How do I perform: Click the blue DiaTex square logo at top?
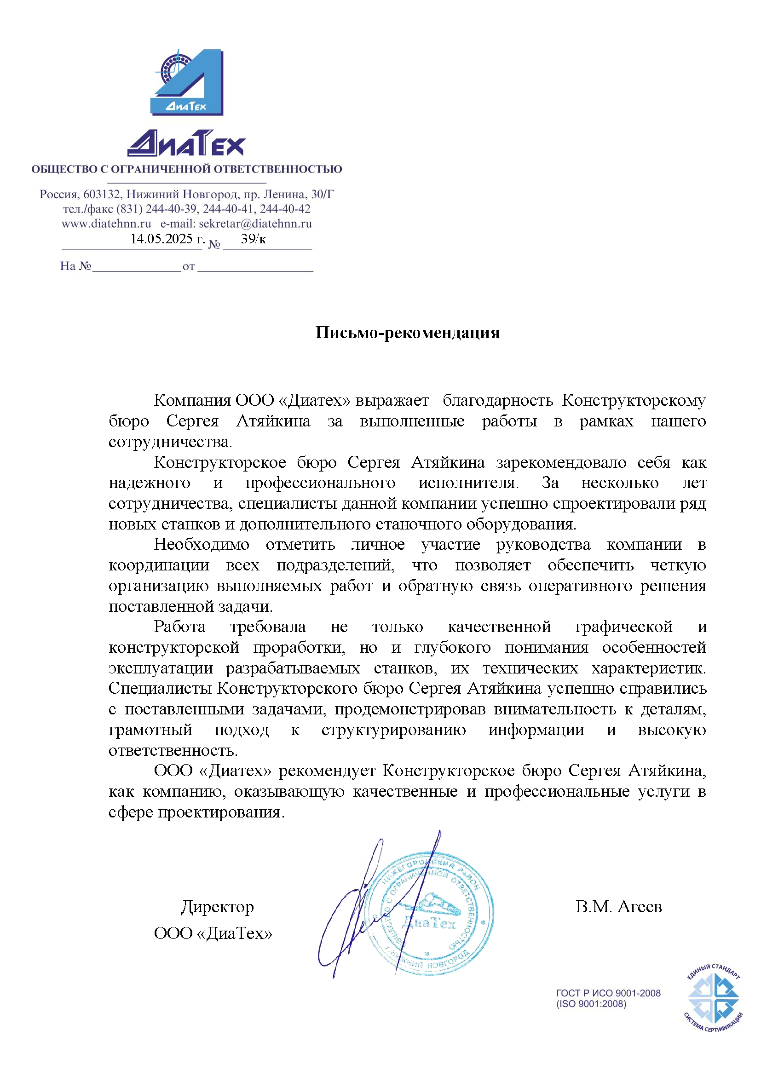(x=187, y=82)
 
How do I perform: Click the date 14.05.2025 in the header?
(x=167, y=239)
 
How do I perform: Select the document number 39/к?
(x=253, y=239)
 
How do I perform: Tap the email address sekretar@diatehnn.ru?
(x=255, y=224)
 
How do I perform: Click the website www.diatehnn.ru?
(x=106, y=224)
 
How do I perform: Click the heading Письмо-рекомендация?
(x=407, y=332)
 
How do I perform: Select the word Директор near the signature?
(x=218, y=906)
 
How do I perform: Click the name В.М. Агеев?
(x=618, y=906)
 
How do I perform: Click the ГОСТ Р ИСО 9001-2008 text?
(x=608, y=993)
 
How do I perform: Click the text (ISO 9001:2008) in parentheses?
(x=591, y=1004)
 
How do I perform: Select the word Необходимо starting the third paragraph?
(x=202, y=545)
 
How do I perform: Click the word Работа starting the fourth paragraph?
(x=179, y=627)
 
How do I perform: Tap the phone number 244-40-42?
(x=285, y=209)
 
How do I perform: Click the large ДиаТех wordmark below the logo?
(x=186, y=144)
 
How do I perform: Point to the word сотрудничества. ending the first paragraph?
(x=171, y=442)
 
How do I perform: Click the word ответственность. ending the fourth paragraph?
(x=173, y=751)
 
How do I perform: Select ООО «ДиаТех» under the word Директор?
(x=213, y=933)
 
